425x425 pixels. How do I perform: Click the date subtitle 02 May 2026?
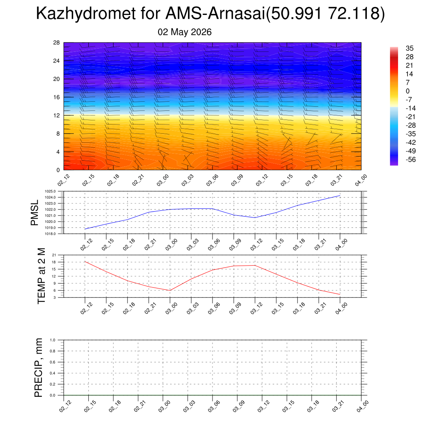[x=185, y=32]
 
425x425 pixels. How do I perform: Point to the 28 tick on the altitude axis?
[x=56, y=43]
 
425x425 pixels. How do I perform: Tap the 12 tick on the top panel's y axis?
[x=56, y=115]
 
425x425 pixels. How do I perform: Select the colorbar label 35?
[x=410, y=48]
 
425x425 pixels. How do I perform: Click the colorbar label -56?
[x=410, y=159]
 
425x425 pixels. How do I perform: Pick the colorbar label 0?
[x=408, y=91]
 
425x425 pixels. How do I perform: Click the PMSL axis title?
[x=35, y=213]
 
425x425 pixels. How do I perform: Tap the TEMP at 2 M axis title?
[x=42, y=276]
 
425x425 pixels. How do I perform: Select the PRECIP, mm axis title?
[x=39, y=368]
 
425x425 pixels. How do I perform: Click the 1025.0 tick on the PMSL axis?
[x=50, y=191]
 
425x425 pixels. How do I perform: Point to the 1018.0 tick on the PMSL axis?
[x=50, y=234]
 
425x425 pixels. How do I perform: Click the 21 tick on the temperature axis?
[x=54, y=255]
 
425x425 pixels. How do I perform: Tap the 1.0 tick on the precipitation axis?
[x=53, y=340]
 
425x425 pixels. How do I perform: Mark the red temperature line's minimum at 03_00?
[x=170, y=290]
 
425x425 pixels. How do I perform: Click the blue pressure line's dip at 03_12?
[x=255, y=217]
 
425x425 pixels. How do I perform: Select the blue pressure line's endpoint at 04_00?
[x=340, y=195]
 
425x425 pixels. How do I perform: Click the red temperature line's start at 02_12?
[x=85, y=261]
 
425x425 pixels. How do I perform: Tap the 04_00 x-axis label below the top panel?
[x=361, y=180]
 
